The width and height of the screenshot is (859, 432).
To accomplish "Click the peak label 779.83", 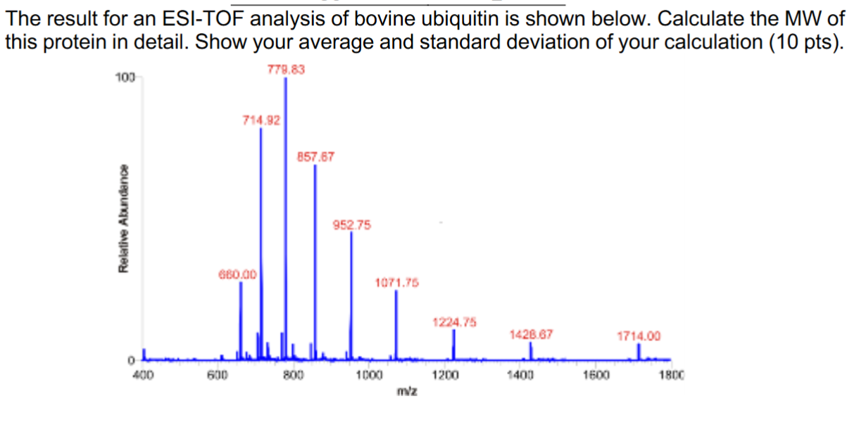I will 286,69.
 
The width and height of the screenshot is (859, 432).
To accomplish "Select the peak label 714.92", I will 261,120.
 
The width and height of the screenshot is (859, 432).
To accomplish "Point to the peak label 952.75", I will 351,225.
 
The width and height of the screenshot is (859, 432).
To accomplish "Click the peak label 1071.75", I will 396,283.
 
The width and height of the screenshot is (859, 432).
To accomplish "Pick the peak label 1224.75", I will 454,322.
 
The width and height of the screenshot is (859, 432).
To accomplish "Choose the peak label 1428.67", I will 531,335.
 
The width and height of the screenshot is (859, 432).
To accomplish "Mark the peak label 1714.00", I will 639,336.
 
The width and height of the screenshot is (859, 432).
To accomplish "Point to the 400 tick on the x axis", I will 144,375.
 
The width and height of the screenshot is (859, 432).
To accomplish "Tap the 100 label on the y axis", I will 123,77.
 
